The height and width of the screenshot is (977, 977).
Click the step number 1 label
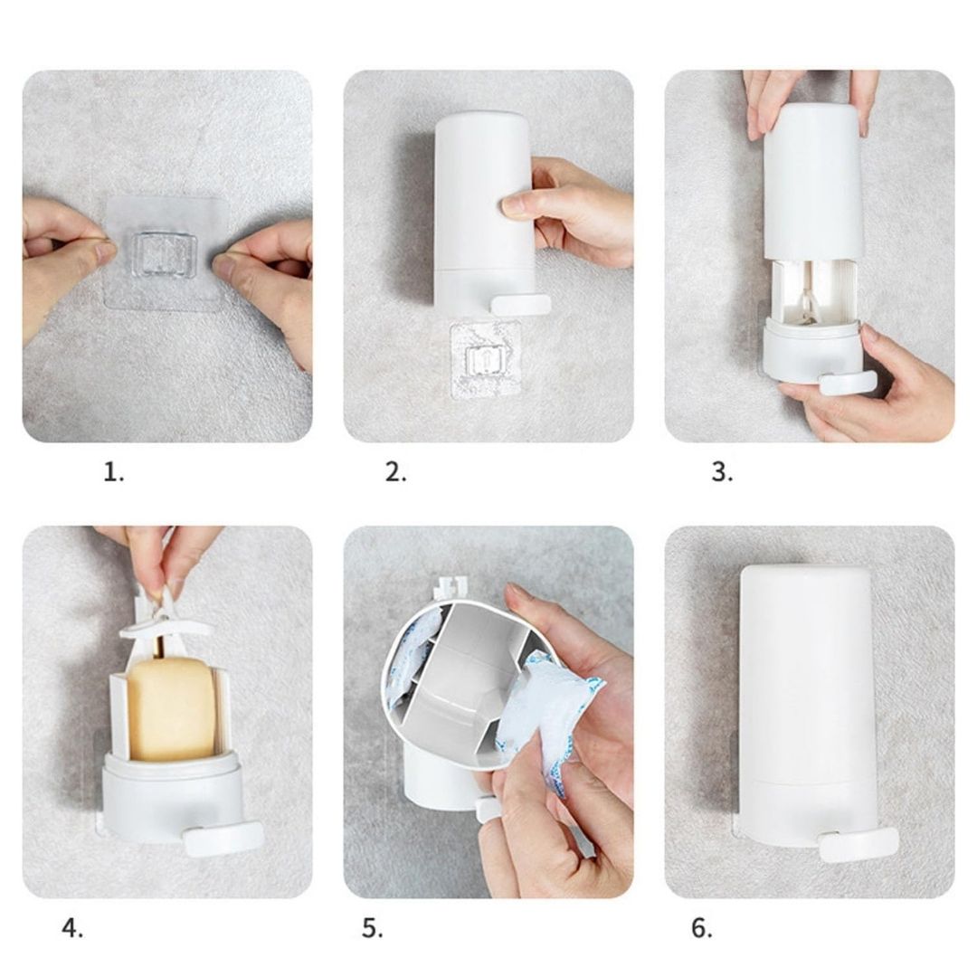113,472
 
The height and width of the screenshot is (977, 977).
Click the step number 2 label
395,472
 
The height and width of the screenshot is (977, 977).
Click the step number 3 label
722,472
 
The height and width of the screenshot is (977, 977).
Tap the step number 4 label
72,929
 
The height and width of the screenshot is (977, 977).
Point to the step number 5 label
373,929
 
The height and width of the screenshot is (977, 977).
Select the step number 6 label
702,929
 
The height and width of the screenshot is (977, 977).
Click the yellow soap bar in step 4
171,710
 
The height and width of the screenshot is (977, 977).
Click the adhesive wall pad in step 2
485,361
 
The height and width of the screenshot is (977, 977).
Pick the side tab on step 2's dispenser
521,305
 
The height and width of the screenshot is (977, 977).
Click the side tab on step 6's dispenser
858,844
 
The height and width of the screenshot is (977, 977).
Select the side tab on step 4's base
224,839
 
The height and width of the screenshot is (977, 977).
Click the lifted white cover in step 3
814,181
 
